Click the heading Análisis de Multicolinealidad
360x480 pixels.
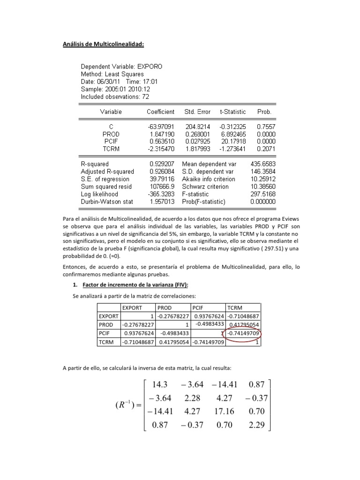[x=103, y=45]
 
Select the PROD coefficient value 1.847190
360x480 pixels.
[x=162, y=134]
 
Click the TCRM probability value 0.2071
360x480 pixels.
[x=266, y=149]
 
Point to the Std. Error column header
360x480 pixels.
[x=197, y=112]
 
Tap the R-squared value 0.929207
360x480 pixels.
[x=162, y=164]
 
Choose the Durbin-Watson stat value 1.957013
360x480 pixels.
[x=162, y=202]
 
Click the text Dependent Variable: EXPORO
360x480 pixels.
[x=121, y=67]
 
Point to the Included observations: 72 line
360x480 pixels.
[x=115, y=97]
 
